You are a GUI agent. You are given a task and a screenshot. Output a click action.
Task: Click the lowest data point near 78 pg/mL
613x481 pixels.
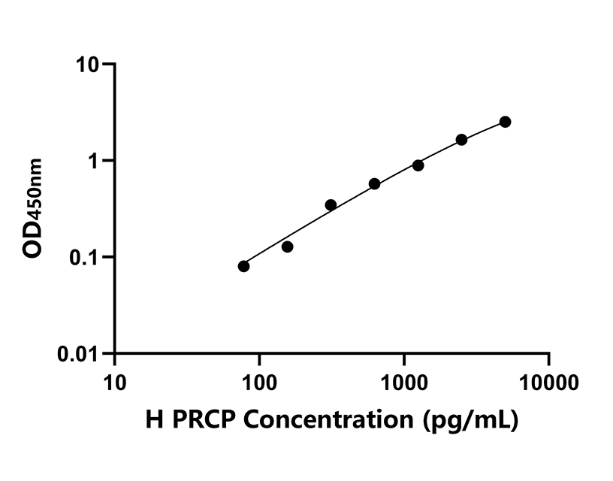[243, 266]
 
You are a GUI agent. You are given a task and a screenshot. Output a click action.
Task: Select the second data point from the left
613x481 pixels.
[287, 247]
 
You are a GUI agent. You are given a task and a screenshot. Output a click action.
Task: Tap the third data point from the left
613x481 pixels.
[331, 204]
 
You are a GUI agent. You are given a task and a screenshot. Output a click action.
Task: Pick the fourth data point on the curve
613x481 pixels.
[374, 184]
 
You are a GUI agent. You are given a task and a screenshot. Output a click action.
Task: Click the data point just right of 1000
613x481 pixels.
[418, 165]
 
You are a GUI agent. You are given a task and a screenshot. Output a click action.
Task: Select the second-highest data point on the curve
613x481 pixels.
[461, 140]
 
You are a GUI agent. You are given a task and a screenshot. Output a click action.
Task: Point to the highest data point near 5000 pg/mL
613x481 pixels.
[505, 122]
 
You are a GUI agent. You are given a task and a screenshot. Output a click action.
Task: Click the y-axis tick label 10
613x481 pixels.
[89, 65]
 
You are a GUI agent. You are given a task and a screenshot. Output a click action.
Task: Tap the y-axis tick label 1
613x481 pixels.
[95, 162]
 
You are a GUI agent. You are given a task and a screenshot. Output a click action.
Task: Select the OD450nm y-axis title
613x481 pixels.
[35, 208]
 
